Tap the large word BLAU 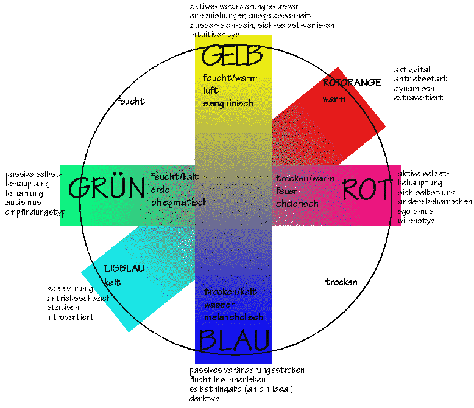click(x=233, y=340)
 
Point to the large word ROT click(x=366, y=190)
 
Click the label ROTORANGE click(x=352, y=82)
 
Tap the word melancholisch click(x=234, y=317)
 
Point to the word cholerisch click(x=297, y=204)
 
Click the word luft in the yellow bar click(x=211, y=91)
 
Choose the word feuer click(x=286, y=191)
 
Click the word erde click(x=160, y=189)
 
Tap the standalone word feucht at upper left click(x=130, y=102)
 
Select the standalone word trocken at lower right click(x=341, y=282)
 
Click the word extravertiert click(x=418, y=98)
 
